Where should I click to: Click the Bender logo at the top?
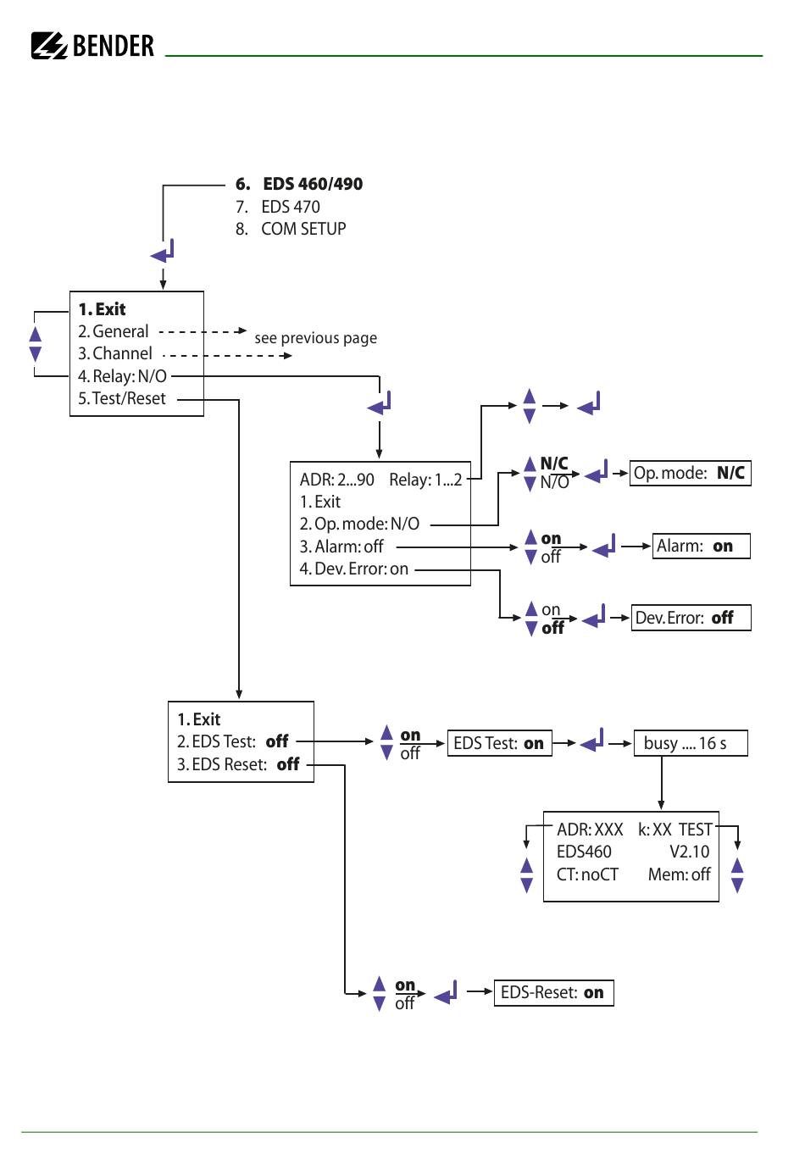93,45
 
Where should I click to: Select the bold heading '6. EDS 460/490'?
299,184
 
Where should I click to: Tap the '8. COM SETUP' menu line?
291,229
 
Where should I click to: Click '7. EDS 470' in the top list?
278,207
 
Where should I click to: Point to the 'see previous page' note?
315,338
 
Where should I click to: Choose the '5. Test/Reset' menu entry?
122,399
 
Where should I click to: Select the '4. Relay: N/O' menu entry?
122,376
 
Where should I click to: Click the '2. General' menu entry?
113,331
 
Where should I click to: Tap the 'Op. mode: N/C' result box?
690,473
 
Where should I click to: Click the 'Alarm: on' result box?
701,547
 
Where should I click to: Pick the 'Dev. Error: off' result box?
691,618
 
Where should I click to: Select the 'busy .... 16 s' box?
691,743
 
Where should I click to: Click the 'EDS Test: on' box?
499,743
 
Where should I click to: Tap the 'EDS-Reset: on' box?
553,992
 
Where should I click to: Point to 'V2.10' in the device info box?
689,852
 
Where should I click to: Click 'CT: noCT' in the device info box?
587,874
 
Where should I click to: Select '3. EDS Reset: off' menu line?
238,764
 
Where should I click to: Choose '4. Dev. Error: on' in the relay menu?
353,569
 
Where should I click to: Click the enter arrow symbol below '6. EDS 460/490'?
163,252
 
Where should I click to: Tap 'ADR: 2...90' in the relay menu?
336,480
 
